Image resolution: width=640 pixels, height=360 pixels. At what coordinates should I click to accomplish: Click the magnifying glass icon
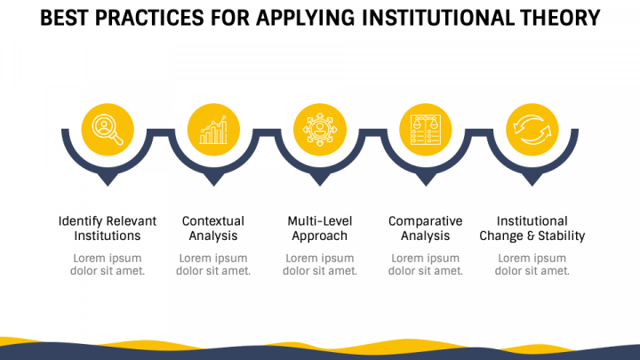[108, 130]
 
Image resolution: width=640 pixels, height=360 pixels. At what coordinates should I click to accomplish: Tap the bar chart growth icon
[213, 130]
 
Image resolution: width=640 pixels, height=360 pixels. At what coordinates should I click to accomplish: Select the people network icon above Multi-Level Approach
[319, 130]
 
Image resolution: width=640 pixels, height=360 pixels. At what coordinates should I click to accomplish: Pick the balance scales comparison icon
[425, 130]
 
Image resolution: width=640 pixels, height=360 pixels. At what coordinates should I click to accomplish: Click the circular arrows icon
[532, 130]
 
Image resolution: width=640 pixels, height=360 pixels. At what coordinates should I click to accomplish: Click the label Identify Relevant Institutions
[108, 228]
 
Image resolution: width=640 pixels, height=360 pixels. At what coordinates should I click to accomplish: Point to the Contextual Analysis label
[213, 228]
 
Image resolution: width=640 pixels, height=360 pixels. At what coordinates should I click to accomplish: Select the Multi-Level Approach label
[319, 228]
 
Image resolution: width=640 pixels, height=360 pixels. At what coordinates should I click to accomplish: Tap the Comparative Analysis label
[426, 228]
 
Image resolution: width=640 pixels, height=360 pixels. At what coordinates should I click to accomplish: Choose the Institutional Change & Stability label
[532, 228]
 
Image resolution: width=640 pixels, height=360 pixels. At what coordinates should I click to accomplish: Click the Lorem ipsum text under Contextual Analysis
[213, 264]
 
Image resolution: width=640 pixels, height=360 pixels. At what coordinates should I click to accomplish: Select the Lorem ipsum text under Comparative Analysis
[426, 264]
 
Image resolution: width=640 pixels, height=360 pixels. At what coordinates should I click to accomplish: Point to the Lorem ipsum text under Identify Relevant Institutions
[108, 264]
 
